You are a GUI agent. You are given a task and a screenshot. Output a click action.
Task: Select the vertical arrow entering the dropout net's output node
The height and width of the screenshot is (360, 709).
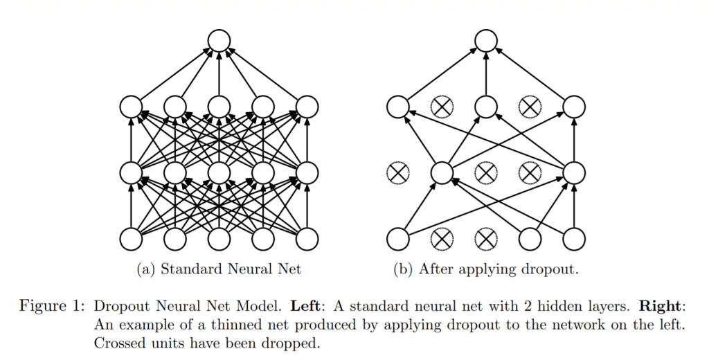tap(486, 74)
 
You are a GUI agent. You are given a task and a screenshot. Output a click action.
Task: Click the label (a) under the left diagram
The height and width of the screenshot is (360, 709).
tap(146, 269)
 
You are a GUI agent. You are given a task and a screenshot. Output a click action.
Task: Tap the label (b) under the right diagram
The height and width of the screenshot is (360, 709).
tap(404, 269)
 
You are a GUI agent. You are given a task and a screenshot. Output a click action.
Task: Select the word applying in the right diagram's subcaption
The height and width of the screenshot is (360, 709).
tap(483, 270)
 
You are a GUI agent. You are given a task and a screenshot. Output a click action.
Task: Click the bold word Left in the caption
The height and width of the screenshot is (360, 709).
tap(305, 306)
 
